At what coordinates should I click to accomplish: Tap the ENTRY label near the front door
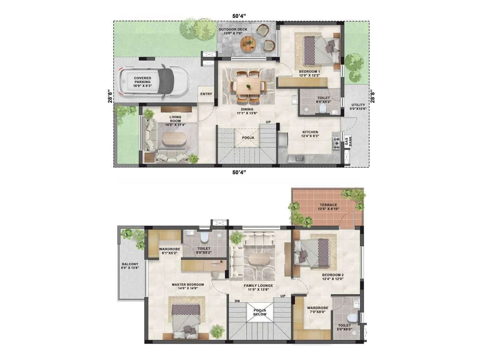(206, 94)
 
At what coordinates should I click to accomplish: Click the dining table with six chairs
(248, 86)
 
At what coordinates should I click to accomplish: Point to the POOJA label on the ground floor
(248, 138)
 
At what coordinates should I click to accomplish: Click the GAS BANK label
(348, 141)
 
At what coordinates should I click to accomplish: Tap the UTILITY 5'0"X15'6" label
(358, 107)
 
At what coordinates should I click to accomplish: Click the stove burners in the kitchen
(336, 143)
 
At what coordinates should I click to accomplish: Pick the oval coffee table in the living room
(174, 139)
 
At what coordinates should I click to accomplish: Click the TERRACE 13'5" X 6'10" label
(328, 207)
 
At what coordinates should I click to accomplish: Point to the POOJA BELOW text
(260, 312)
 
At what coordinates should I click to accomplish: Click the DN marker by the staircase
(237, 301)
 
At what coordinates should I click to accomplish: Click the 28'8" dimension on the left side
(110, 96)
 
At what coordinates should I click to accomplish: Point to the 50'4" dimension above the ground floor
(239, 16)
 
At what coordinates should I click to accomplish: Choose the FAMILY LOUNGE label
(258, 287)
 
